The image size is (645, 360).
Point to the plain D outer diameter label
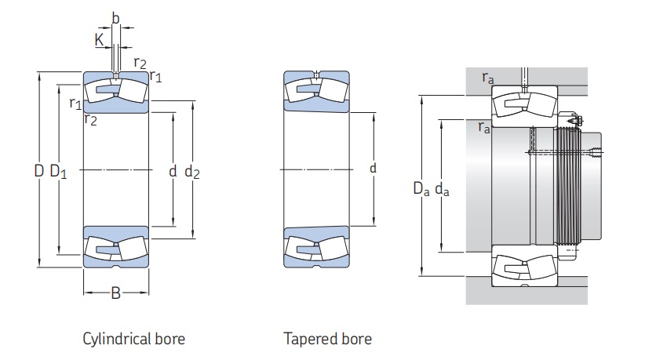pyautogui.click(x=38, y=170)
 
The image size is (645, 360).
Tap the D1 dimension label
pyautogui.click(x=58, y=171)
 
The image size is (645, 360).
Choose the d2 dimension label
pyautogui.click(x=191, y=171)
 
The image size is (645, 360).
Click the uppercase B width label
pyautogui.click(x=115, y=294)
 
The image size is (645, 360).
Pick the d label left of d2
pyautogui.click(x=172, y=170)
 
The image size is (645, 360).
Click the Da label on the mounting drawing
pyautogui.click(x=421, y=188)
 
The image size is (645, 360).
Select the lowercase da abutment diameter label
pyautogui.click(x=442, y=188)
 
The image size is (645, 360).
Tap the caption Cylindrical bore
pyautogui.click(x=133, y=339)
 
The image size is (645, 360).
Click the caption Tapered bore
pyautogui.click(x=327, y=339)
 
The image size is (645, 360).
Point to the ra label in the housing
pyautogui.click(x=488, y=77)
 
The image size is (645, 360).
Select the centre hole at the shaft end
pyautogui.click(x=596, y=152)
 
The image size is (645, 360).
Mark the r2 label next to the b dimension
pyautogui.click(x=140, y=64)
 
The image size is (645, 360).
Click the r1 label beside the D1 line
pyautogui.click(x=75, y=103)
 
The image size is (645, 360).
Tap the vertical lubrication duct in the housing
pyautogui.click(x=525, y=78)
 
